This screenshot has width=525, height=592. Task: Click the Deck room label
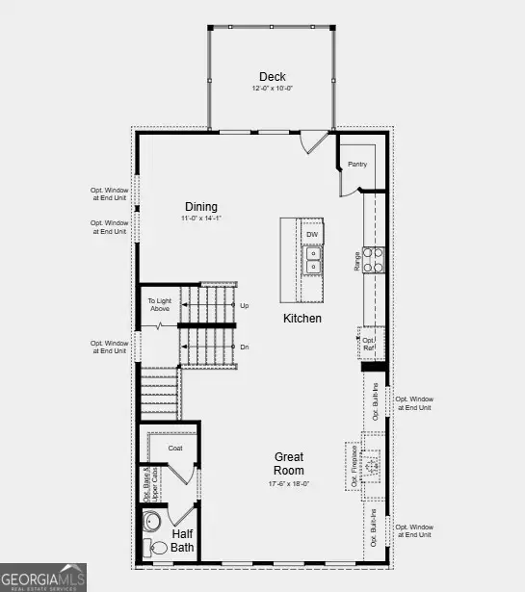(272, 77)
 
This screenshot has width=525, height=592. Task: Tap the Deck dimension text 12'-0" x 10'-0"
(272, 90)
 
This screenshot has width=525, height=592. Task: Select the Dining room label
(201, 207)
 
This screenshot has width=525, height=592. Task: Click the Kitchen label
(302, 319)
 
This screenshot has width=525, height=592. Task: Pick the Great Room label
(290, 464)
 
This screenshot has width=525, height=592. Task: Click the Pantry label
(357, 165)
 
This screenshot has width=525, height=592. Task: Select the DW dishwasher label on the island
(312, 234)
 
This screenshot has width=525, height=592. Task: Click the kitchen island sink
(312, 260)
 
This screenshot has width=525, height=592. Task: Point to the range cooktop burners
(373, 259)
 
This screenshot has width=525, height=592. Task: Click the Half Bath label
(182, 541)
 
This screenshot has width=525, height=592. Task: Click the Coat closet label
(175, 448)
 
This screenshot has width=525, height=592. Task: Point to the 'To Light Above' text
(159, 304)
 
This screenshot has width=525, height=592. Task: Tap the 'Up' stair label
(244, 305)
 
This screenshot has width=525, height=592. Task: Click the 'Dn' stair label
(244, 347)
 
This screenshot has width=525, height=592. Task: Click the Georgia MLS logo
(43, 577)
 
